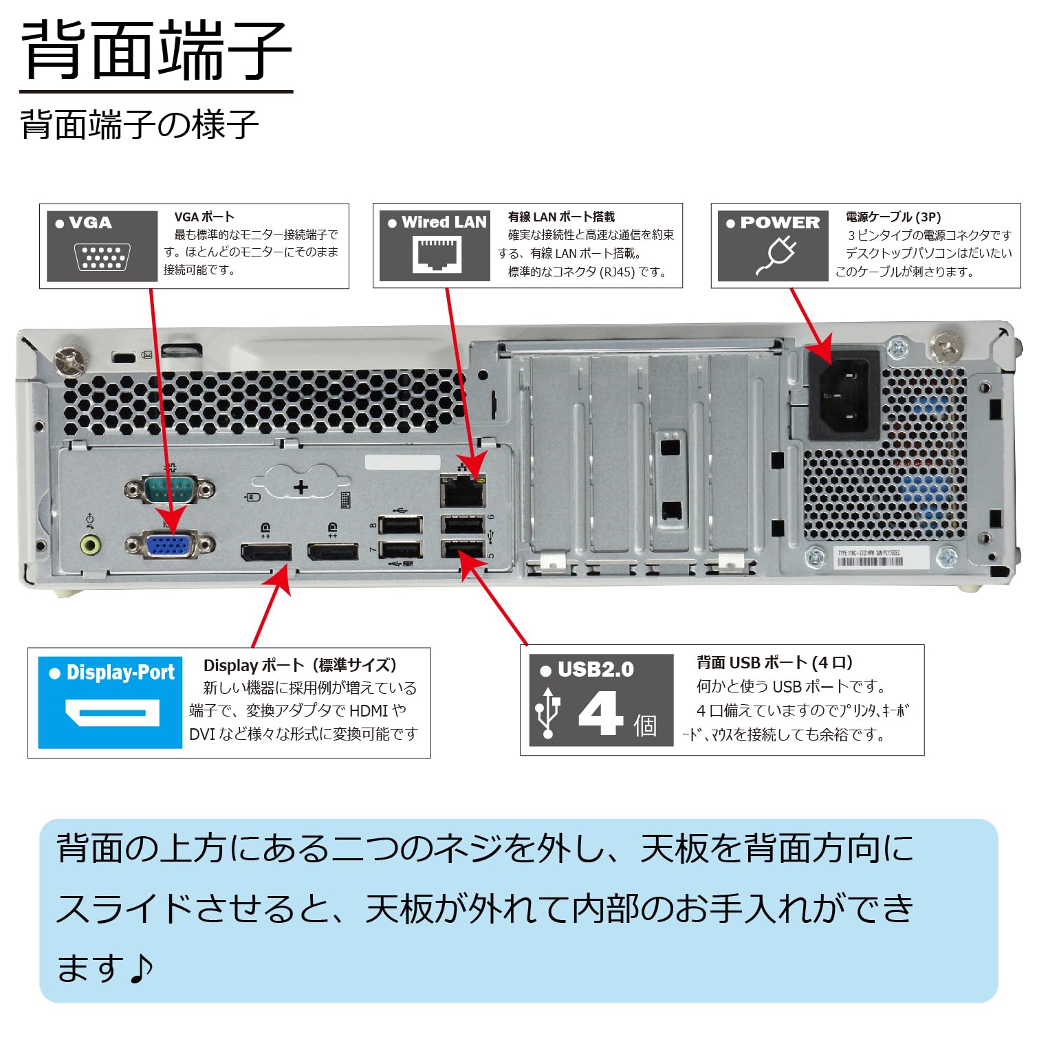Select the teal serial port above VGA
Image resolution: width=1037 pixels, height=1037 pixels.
(169, 490)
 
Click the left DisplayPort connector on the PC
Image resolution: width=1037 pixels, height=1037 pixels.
(266, 552)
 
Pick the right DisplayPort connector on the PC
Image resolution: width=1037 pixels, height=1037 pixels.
(333, 552)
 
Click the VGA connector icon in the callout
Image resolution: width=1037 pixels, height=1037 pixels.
(102, 257)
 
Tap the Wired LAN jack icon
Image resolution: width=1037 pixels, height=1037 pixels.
(437, 254)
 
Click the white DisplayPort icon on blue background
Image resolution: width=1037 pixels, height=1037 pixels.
(112, 712)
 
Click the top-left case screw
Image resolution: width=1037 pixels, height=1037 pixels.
(71, 360)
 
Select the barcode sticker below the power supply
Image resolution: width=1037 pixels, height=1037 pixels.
(870, 558)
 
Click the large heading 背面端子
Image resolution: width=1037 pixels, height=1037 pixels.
(156, 51)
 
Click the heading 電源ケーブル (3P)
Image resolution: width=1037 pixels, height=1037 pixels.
(893, 217)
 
